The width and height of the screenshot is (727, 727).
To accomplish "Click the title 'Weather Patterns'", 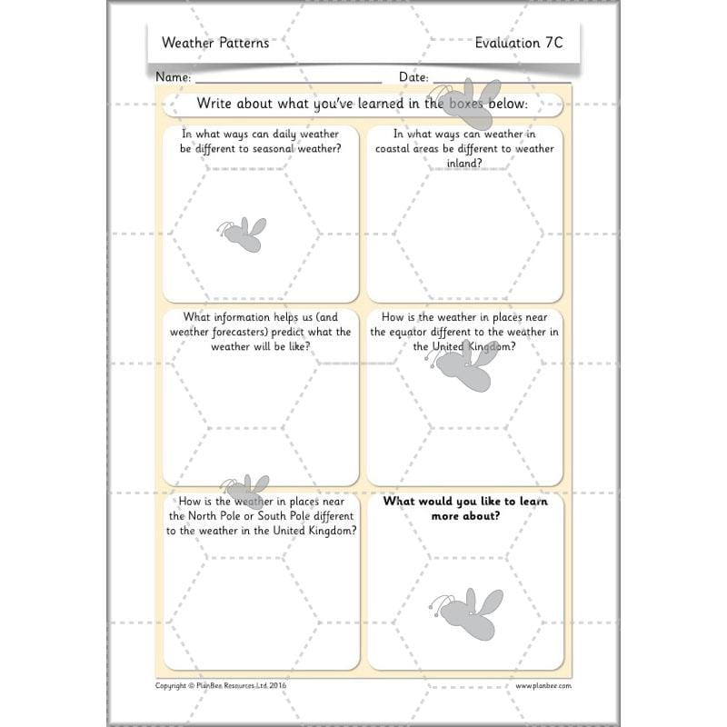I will point(214,43).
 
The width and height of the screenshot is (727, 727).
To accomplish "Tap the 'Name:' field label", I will point(173,77).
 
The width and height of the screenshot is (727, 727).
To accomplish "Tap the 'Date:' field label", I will point(413,77).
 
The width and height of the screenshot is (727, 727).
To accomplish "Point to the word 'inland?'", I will point(464,164).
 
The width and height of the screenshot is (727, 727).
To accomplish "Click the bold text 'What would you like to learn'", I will point(464,501).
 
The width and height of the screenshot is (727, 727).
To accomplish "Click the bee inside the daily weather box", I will point(241,234).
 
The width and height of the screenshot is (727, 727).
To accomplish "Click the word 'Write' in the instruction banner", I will point(216,105).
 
